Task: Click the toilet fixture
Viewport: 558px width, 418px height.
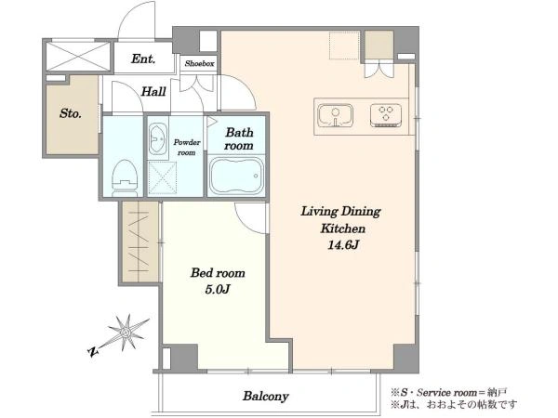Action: (125, 177)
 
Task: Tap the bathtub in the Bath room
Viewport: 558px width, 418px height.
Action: (236, 176)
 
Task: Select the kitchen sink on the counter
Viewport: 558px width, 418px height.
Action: (335, 115)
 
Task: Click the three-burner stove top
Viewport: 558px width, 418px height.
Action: (386, 115)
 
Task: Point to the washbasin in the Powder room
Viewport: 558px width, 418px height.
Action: (158, 139)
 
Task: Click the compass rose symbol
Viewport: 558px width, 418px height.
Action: (126, 333)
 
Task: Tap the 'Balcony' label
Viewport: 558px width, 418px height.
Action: (265, 396)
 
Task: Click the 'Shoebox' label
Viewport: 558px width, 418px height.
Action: (200, 63)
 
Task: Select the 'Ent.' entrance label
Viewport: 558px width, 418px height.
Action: (143, 59)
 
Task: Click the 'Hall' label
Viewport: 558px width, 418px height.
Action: (153, 92)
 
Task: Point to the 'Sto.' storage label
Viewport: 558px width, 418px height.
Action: (71, 113)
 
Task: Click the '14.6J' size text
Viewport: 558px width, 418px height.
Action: (342, 245)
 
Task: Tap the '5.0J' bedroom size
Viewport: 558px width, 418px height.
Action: (218, 289)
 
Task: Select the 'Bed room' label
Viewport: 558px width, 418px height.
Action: (218, 272)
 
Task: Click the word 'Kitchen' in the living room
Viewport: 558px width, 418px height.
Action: (342, 229)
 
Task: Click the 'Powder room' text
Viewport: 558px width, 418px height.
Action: (187, 147)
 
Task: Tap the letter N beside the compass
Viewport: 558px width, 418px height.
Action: (92, 352)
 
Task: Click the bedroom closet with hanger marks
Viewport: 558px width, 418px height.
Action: (139, 242)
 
